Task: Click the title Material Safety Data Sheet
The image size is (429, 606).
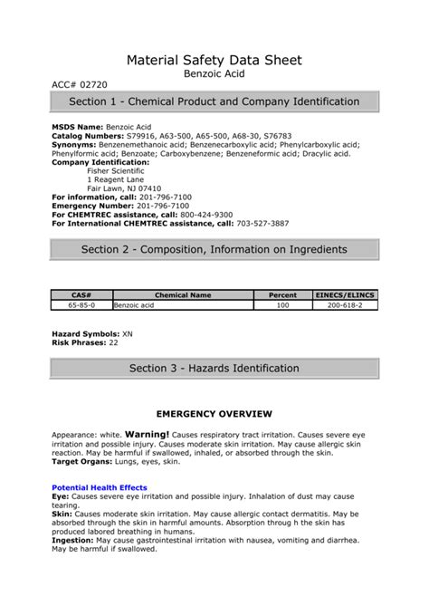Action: [214, 60]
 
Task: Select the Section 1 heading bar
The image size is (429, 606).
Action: [214, 101]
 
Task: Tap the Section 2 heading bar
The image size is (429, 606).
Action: [214, 249]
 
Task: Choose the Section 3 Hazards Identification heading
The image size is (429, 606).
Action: [214, 368]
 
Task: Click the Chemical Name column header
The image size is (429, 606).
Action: [183, 295]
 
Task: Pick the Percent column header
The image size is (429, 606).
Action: [282, 295]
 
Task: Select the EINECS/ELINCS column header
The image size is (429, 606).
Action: [345, 295]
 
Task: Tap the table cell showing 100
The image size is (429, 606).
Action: [282, 306]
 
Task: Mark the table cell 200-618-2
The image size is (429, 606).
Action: [345, 306]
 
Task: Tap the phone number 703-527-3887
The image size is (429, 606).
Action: [262, 222]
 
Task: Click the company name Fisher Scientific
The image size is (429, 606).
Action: [117, 171]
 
